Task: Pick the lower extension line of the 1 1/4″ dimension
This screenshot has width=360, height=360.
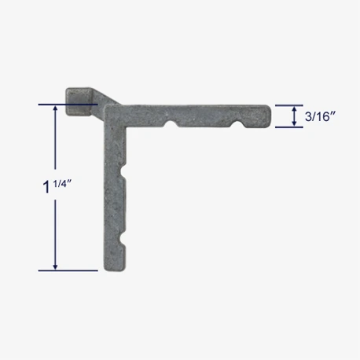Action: pos(68,271)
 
